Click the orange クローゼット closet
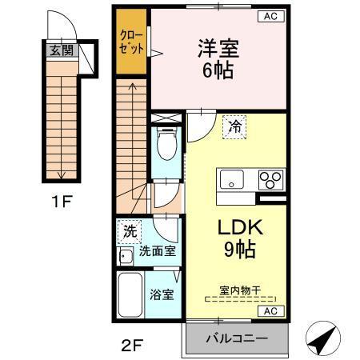coord(131,42)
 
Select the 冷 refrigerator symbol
coord(234,126)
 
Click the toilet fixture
coord(167,146)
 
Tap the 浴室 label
coord(162,294)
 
